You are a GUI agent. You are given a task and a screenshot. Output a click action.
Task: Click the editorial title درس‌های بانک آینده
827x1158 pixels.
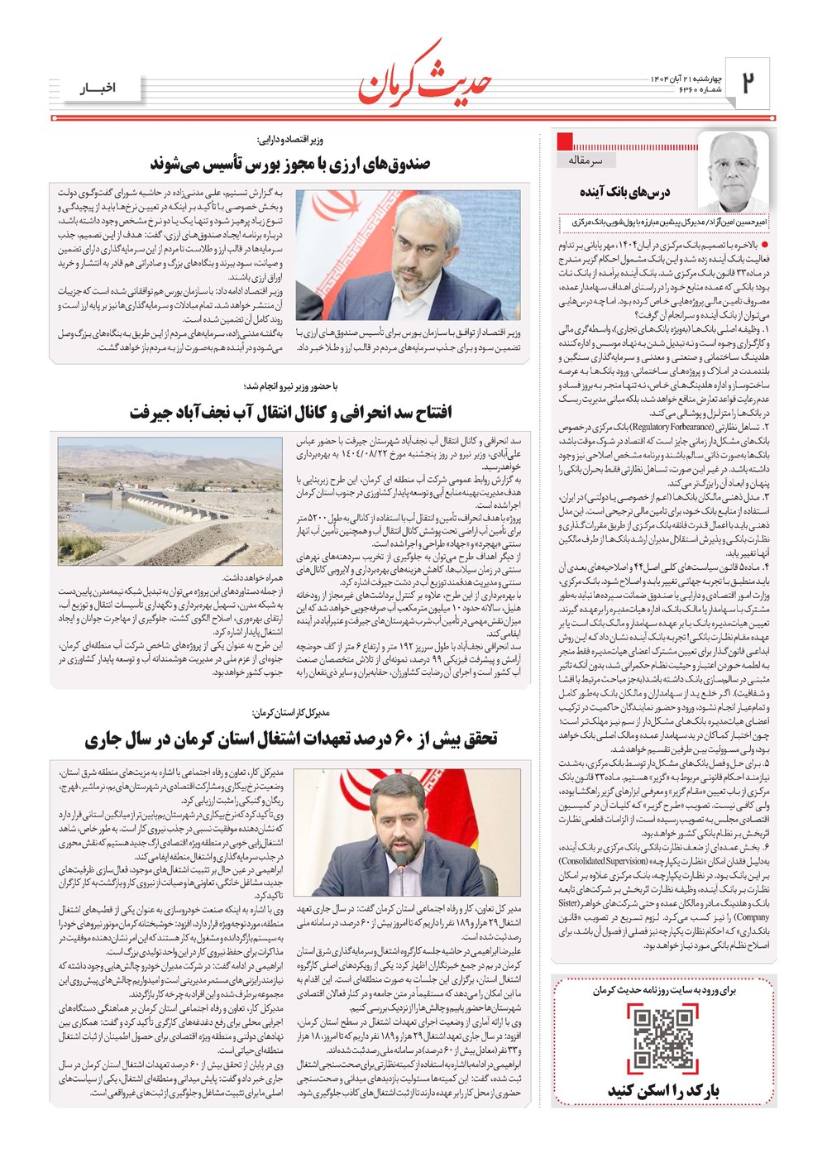tap(624, 192)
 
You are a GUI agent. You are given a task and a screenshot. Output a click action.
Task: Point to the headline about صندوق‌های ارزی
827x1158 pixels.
tap(289, 163)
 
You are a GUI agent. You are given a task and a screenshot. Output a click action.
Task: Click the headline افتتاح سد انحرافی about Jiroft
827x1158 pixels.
tap(289, 411)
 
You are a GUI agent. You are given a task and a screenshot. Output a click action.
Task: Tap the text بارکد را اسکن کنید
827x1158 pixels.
tap(664, 1091)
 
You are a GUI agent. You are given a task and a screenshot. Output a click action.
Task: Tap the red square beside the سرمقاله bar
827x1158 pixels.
tap(566, 140)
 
